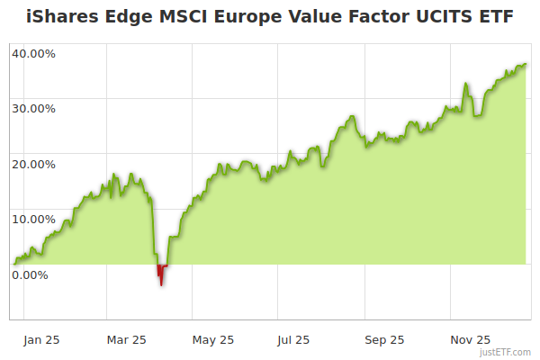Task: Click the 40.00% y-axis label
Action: click(33, 53)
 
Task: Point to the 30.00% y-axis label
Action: click(33, 108)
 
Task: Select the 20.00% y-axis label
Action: click(33, 164)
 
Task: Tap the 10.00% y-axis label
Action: click(33, 219)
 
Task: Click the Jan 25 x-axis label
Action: click(41, 339)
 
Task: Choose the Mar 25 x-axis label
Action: click(126, 339)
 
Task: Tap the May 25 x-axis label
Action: click(213, 339)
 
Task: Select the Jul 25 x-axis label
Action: click(294, 339)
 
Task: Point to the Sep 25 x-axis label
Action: click(384, 339)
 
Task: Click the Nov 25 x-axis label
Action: click(470, 339)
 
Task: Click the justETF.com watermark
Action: click(507, 353)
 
